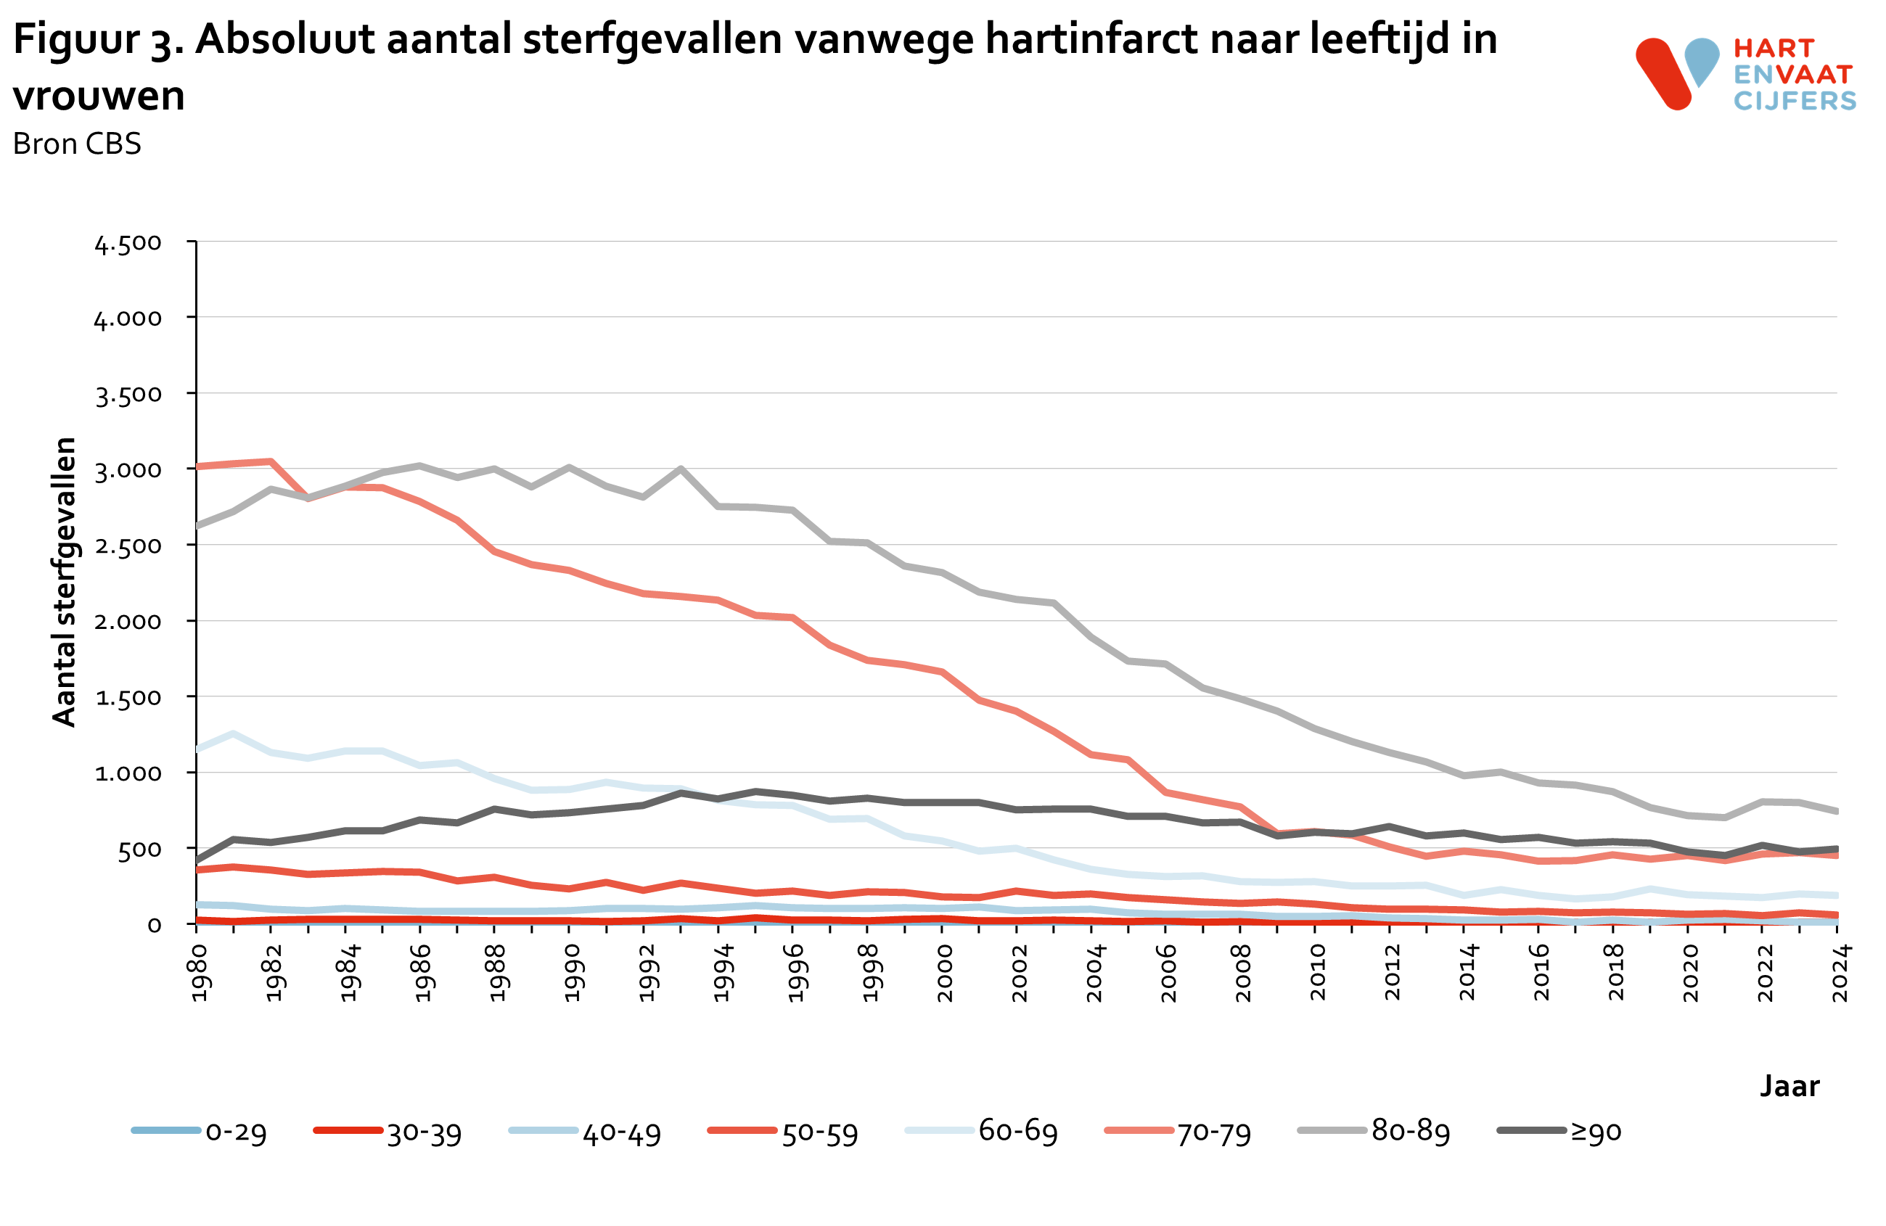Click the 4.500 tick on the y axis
128,243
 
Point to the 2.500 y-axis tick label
128,546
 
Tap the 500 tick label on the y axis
139,849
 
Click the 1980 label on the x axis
199,973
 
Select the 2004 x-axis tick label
1094,973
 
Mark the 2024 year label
1840,973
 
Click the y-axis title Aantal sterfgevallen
64,581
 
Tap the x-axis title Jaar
1789,1085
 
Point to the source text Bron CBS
77,144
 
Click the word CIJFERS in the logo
1794,101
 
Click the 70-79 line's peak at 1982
271,461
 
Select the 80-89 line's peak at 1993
681,469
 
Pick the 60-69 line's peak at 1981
233,733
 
